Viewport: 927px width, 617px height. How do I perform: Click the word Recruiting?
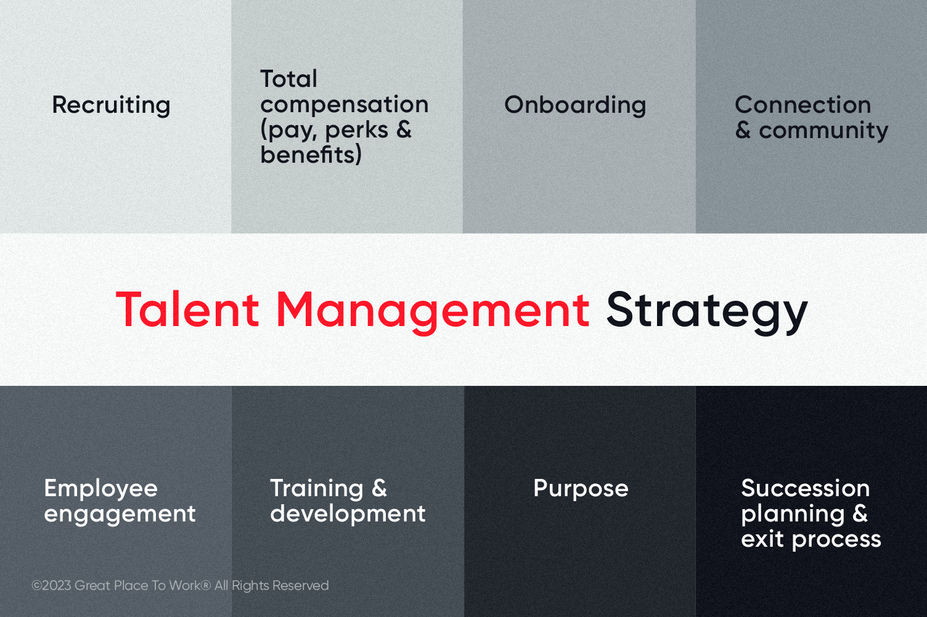(111, 105)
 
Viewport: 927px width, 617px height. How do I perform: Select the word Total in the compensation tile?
(288, 79)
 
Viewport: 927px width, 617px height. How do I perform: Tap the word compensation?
(344, 105)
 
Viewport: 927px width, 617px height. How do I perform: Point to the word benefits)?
(311, 155)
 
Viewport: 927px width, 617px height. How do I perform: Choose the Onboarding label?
(575, 105)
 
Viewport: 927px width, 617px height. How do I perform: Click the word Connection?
(802, 105)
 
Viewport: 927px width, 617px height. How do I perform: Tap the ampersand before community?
(743, 130)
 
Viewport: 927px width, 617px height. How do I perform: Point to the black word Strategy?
(706, 311)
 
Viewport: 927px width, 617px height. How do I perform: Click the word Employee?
(101, 489)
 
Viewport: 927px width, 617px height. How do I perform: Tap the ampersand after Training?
(380, 488)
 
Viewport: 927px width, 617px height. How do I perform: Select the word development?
(348, 514)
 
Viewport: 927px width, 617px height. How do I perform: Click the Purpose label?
(581, 489)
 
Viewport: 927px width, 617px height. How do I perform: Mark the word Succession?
(805, 488)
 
